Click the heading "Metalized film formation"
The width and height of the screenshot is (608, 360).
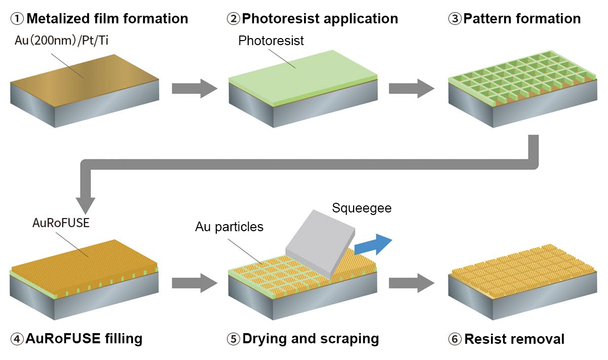pyautogui.click(x=107, y=19)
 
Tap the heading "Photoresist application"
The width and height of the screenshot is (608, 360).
pyautogui.click(x=320, y=19)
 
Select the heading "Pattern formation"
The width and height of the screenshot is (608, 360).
pyautogui.click(x=522, y=19)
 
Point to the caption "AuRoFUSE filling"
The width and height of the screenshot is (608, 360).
pyautogui.click(x=84, y=338)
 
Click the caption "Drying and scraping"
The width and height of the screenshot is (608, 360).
pyautogui.click(x=311, y=338)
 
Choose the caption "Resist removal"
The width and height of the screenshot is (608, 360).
pyautogui.click(x=514, y=339)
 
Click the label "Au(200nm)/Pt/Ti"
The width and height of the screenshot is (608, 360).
pyautogui.click(x=61, y=41)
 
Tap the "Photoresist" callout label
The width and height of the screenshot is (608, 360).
pyautogui.click(x=271, y=41)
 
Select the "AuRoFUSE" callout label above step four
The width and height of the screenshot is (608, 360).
pyautogui.click(x=60, y=223)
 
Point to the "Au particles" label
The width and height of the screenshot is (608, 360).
pyautogui.click(x=229, y=227)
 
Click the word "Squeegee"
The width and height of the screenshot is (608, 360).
pyautogui.click(x=362, y=208)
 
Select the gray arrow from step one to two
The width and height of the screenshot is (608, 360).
pyautogui.click(x=194, y=88)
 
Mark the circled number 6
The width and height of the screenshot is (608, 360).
pyautogui.click(x=454, y=339)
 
